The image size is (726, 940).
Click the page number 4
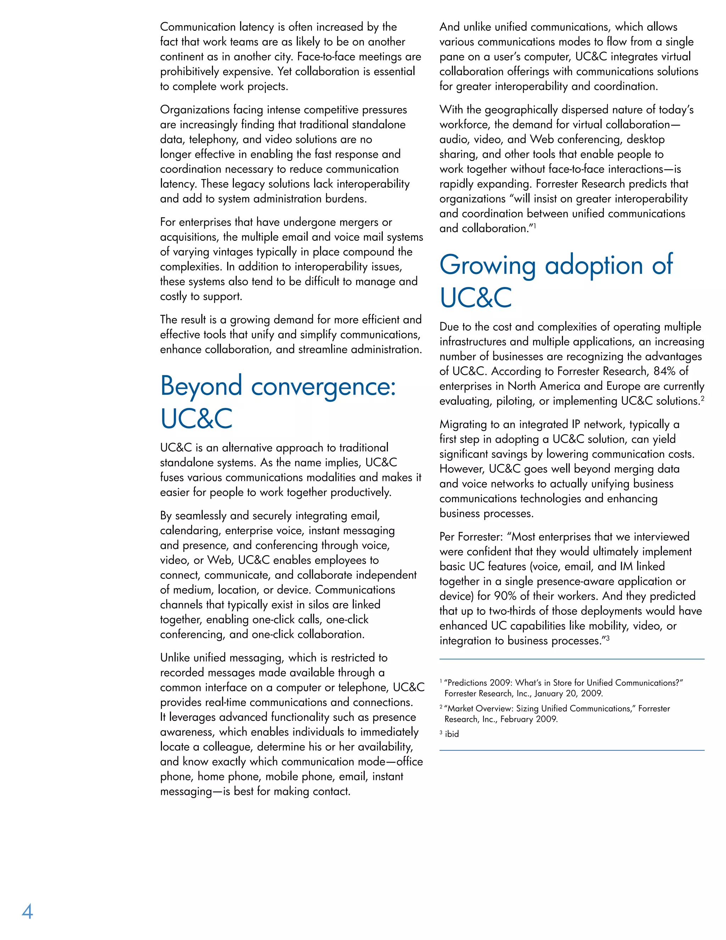coord(27,912)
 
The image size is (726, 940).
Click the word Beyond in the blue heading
coord(201,387)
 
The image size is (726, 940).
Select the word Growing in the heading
coord(487,266)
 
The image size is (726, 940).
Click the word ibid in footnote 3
coord(452,734)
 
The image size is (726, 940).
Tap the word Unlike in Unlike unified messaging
coord(175,658)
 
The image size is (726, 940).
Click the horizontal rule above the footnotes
coord(571,659)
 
